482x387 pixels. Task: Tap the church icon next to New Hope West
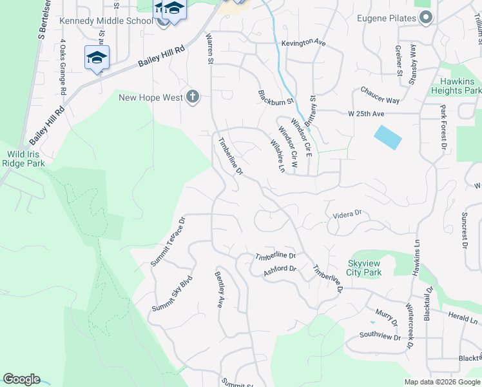(x=192, y=97)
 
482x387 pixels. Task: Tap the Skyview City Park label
(x=365, y=268)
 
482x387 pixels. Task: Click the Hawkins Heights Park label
(x=461, y=86)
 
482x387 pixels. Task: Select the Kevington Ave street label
(x=304, y=43)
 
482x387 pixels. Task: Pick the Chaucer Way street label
(x=380, y=95)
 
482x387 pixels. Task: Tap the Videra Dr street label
(x=348, y=213)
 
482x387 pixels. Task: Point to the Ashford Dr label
(x=280, y=271)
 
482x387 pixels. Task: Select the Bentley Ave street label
(x=219, y=289)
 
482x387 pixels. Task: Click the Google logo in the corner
(x=21, y=379)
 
